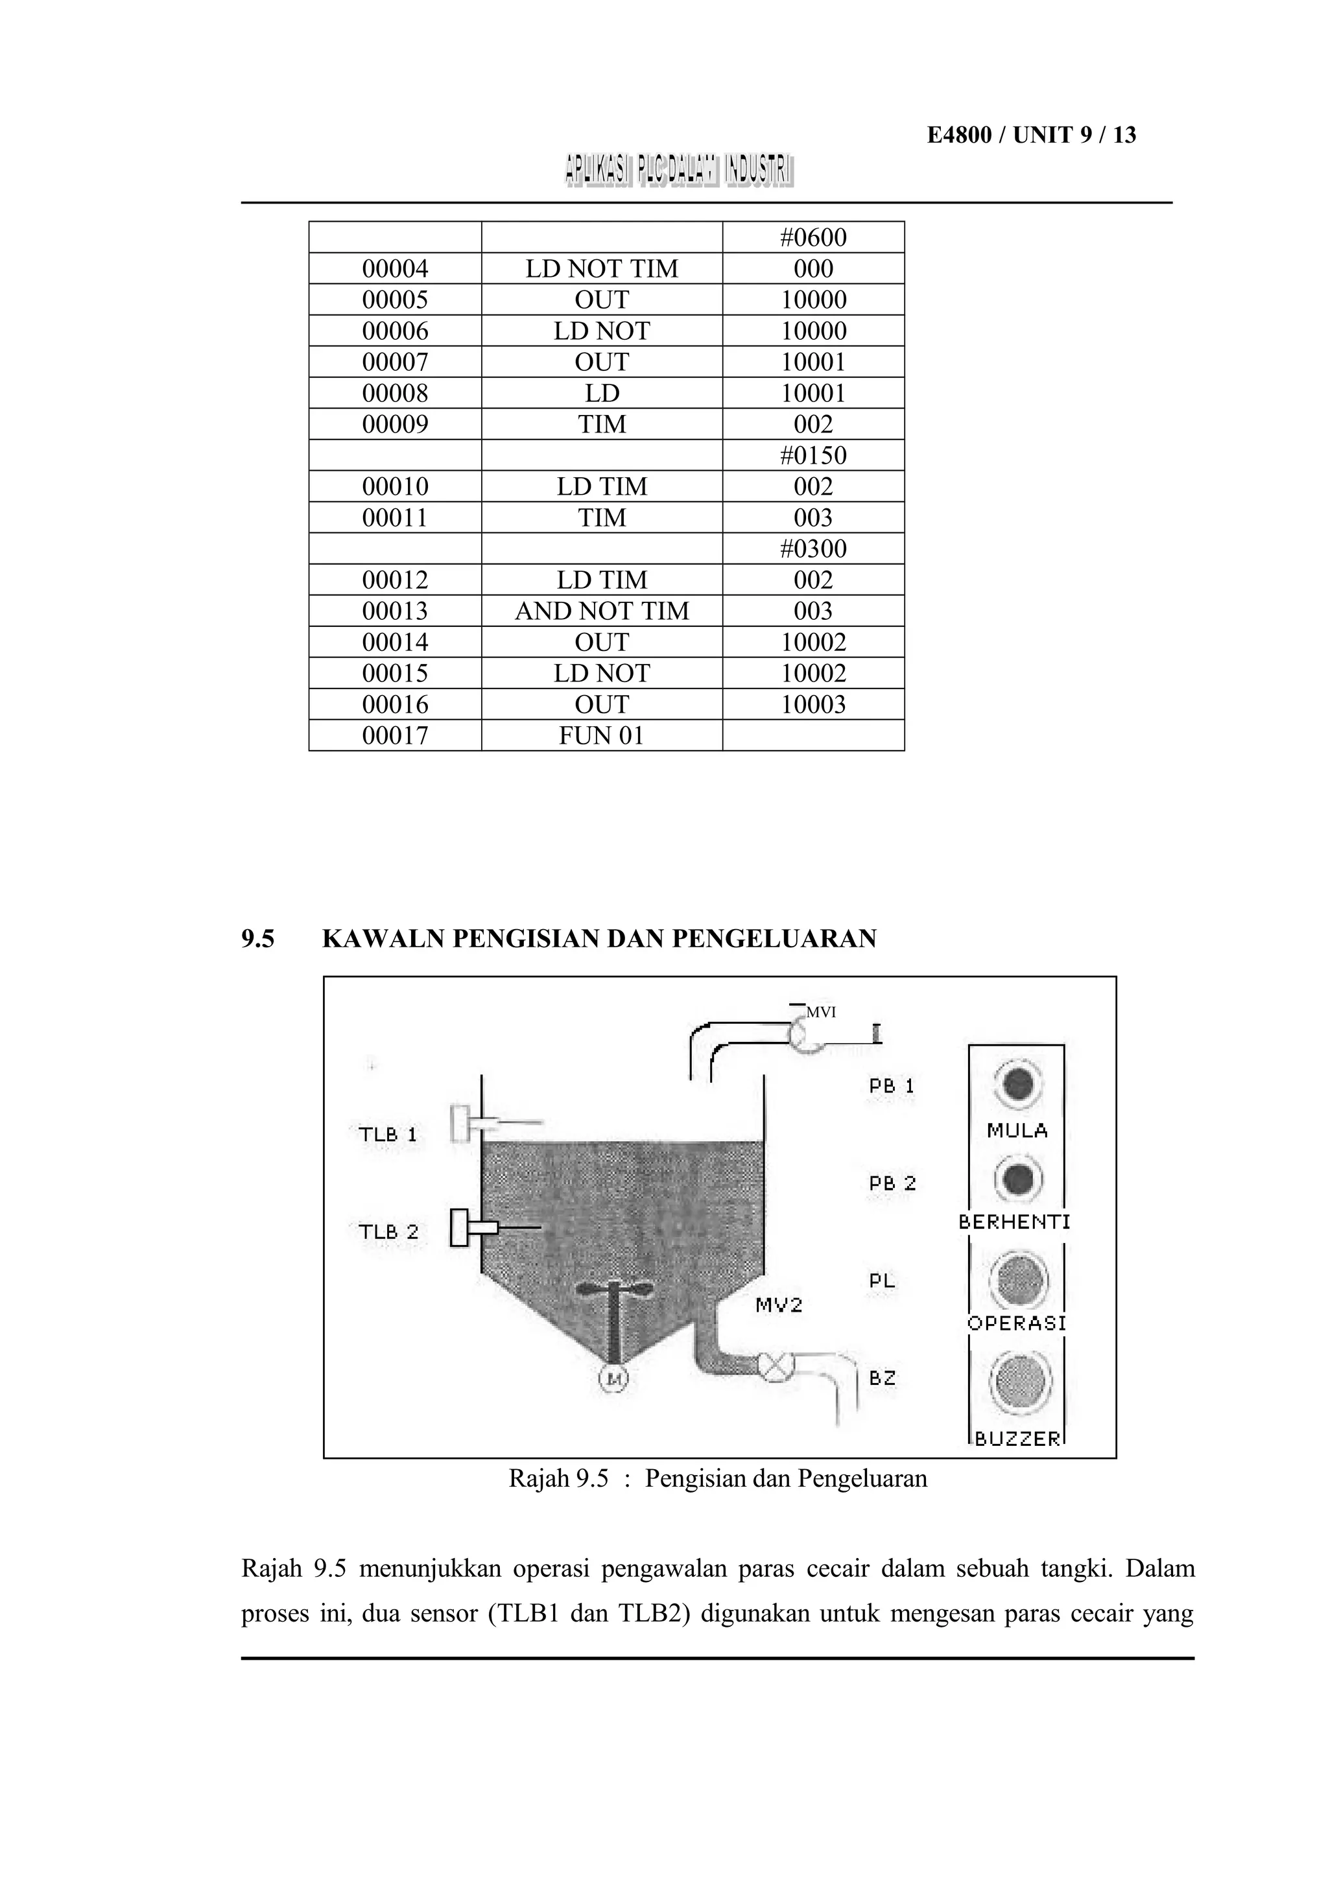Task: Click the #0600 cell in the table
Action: pos(812,237)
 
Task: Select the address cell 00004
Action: pos(395,268)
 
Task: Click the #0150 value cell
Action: pos(812,455)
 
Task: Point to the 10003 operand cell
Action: pos(812,703)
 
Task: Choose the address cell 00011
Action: pos(395,517)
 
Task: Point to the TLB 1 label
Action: pos(388,1134)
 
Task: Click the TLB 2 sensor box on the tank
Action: pos(460,1227)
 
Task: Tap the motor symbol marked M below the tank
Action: pos(615,1379)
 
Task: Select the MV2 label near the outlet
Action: pos(778,1305)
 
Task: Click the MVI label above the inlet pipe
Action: pos(821,1012)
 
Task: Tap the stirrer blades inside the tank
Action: pos(613,1289)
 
